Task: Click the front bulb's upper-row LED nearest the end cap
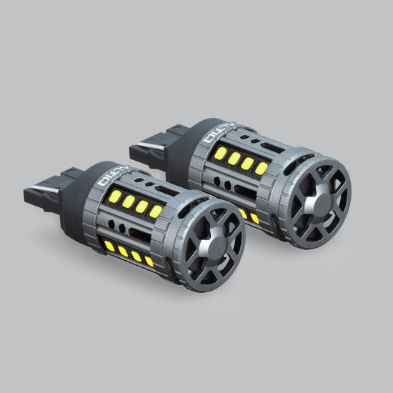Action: [156, 212]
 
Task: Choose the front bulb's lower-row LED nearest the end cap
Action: [149, 261]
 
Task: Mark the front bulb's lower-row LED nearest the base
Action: [109, 246]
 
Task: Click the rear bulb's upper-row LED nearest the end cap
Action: [262, 169]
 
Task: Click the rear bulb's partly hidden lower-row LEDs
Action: [249, 215]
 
